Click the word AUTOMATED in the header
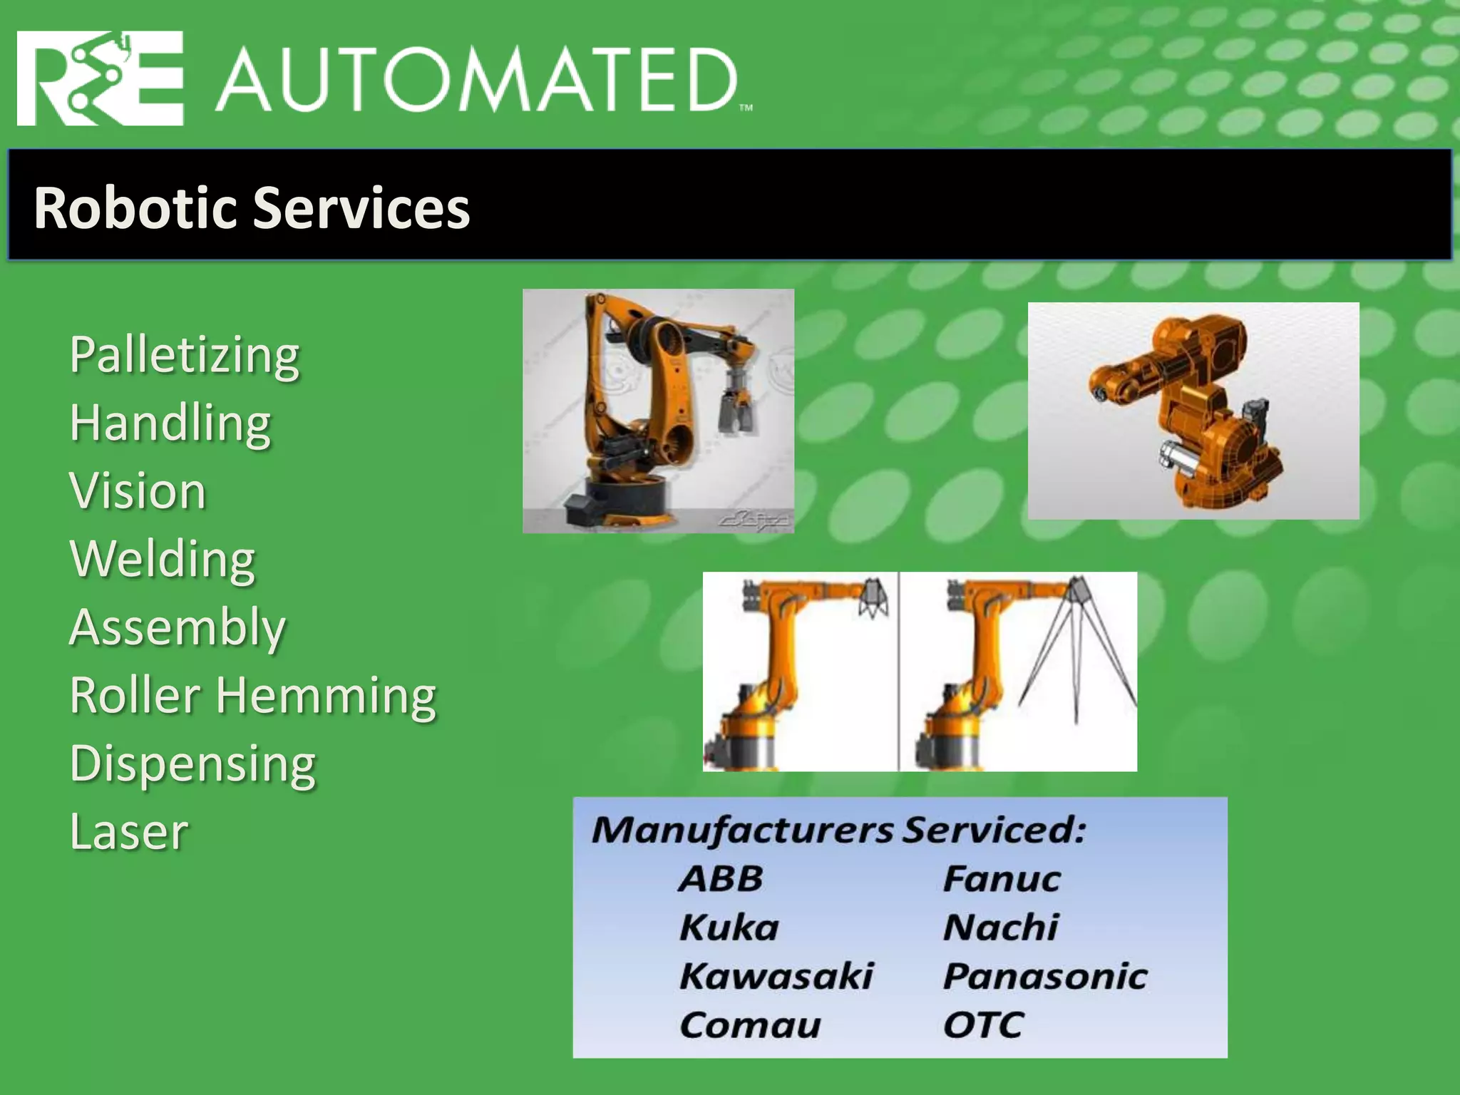pos(476,80)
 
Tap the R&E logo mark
pos(100,78)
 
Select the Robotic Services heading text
pos(252,207)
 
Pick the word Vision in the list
pos(138,490)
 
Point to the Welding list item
pos(163,559)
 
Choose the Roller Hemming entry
pos(253,695)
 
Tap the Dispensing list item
pos(192,763)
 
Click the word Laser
pos(129,831)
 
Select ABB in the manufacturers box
pos(721,878)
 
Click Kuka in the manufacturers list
pos(729,927)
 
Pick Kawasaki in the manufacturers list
pos(776,976)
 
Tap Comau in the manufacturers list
pos(750,1025)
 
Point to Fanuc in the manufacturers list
pos(1002,878)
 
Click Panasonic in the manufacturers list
pos(1045,976)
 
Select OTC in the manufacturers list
pos(983,1025)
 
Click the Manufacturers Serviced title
pos(838,830)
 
